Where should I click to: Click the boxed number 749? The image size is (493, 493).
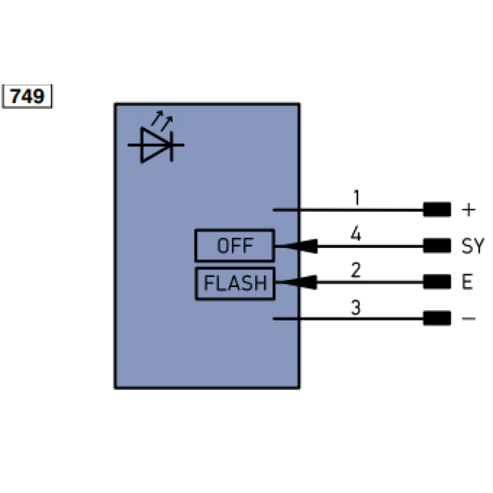point(28,96)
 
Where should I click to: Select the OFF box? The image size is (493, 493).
point(234,246)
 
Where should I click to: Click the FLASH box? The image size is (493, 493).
point(235,283)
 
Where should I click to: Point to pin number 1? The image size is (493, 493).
point(356,198)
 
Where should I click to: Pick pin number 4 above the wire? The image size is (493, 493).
point(356,233)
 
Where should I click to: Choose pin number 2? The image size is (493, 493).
point(356,271)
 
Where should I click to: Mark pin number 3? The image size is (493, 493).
point(356,308)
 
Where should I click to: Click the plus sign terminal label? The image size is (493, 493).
point(469,211)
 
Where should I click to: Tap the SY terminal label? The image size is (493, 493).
point(473,246)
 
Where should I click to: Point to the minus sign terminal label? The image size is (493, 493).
point(468,319)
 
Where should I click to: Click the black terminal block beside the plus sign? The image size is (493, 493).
point(437,210)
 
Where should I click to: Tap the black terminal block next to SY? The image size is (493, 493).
point(437,246)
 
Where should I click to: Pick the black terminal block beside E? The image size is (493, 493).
point(437,282)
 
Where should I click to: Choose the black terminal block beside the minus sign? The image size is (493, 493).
point(437,318)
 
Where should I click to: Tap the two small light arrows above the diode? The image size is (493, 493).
point(162,119)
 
